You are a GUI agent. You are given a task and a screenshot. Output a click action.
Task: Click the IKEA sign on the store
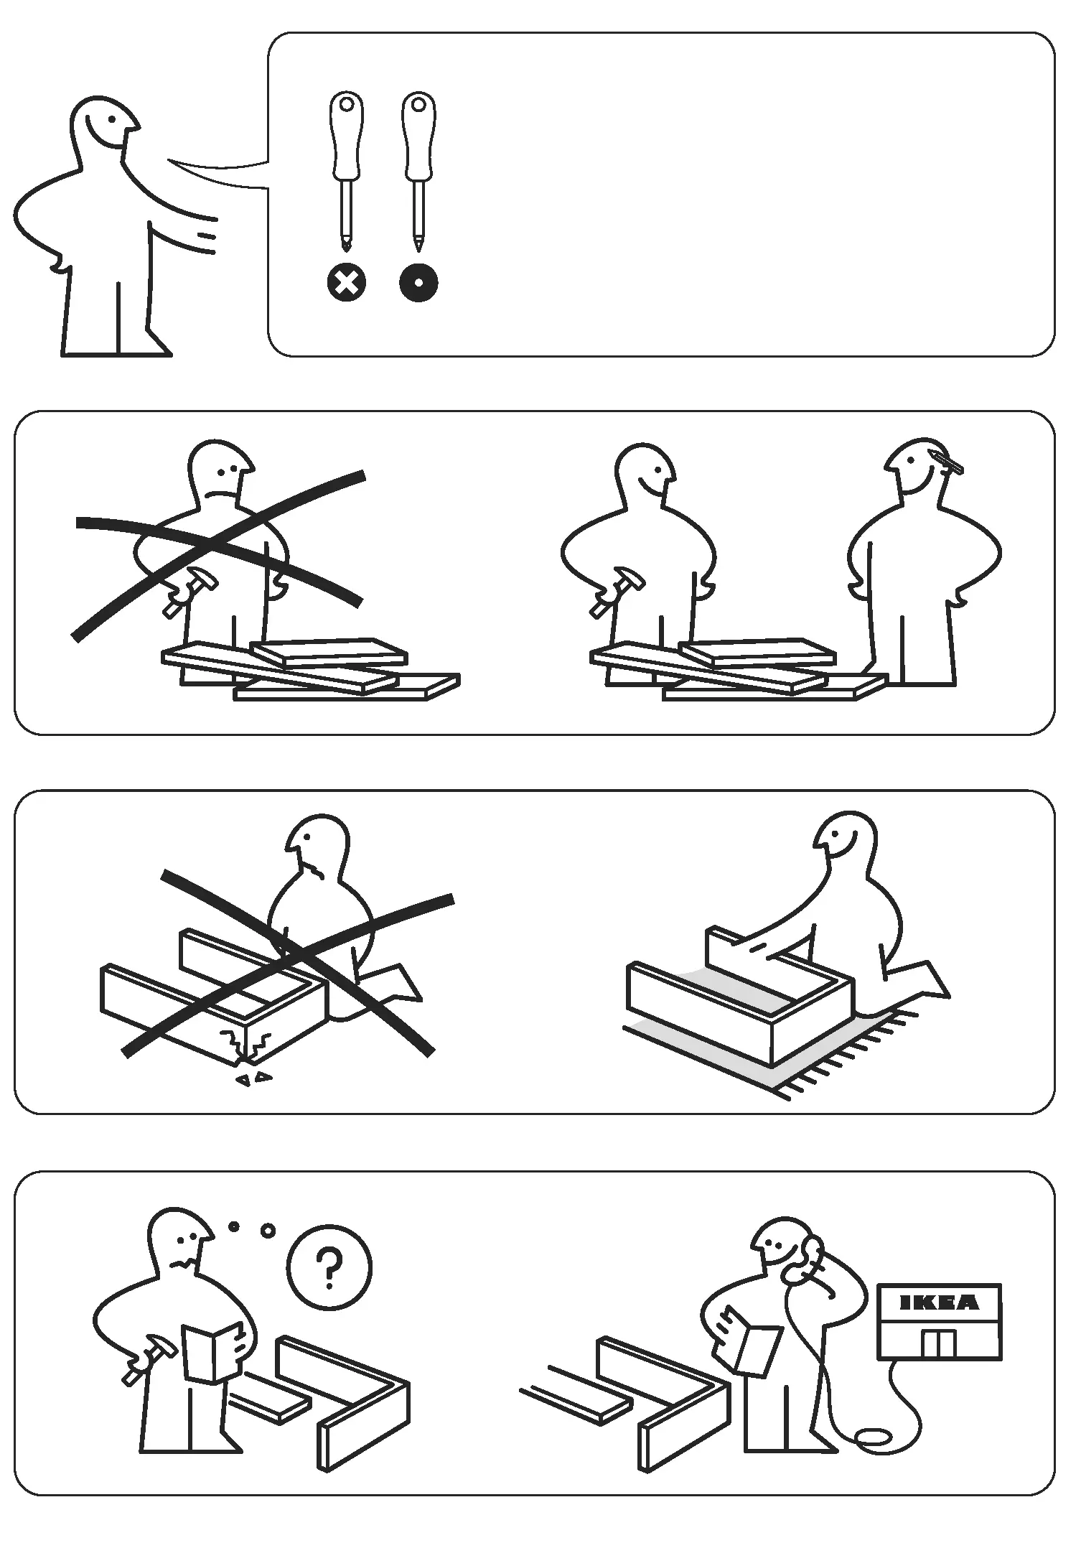(x=938, y=1301)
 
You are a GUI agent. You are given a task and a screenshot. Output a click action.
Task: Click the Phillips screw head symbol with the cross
(x=347, y=283)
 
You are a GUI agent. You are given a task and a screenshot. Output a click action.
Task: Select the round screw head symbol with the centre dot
(x=418, y=283)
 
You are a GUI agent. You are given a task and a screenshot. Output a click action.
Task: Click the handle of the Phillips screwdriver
(x=347, y=136)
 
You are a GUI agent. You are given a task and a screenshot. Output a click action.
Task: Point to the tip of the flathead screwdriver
(x=418, y=246)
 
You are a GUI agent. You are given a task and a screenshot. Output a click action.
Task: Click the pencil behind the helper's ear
(x=947, y=461)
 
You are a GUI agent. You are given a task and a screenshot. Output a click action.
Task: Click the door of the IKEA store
(x=939, y=1343)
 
